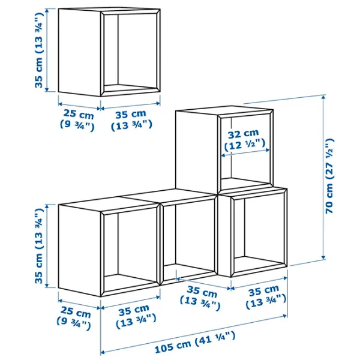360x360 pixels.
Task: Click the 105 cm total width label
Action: point(195,342)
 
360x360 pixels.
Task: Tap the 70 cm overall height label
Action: point(329,176)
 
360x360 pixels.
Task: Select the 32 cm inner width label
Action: point(245,140)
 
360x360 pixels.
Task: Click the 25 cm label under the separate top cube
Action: point(77,119)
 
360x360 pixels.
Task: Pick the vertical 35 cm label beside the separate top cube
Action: point(38,50)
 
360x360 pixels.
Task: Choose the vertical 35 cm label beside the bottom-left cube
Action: point(38,246)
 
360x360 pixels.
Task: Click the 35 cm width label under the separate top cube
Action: point(131,120)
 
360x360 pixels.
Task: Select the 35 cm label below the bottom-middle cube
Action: point(200,298)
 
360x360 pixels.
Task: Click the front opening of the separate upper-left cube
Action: point(130,52)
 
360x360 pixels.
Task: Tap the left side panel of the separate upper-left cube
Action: point(79,52)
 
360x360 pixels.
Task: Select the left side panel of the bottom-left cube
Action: point(79,250)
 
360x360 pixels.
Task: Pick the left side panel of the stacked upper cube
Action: point(197,152)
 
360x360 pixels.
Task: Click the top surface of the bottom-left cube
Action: point(109,205)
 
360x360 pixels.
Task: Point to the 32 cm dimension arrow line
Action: point(245,152)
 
